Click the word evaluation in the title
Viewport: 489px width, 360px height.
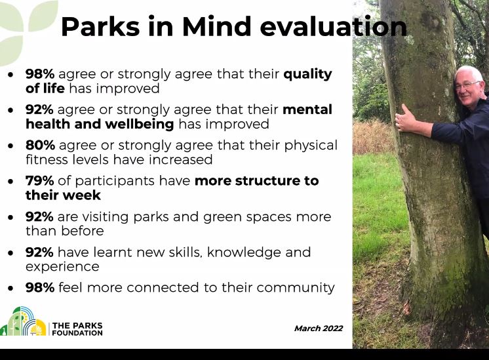[x=333, y=27]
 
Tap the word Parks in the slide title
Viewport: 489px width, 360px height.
[x=99, y=27]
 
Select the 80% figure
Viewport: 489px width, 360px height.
[x=39, y=145]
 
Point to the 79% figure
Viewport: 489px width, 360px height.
[x=39, y=180]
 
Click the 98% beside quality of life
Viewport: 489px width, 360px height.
[x=39, y=74]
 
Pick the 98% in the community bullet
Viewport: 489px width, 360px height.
[x=39, y=287]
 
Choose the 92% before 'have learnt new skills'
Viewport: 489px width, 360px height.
[x=39, y=252]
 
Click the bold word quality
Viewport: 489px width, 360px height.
[x=307, y=74]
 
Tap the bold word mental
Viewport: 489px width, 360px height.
[x=307, y=110]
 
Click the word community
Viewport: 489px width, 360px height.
[x=296, y=288]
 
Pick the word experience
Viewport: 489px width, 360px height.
[x=62, y=267]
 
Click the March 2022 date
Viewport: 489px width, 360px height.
[x=318, y=329]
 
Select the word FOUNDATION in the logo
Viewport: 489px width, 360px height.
[x=77, y=333]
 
